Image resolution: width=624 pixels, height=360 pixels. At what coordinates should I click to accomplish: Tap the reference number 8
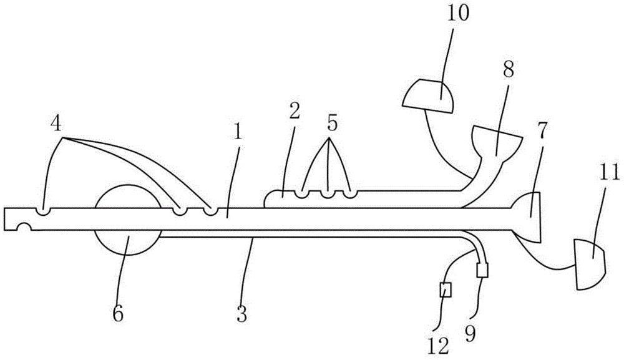(x=508, y=70)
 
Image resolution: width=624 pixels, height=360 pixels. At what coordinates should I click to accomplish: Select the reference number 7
(x=544, y=129)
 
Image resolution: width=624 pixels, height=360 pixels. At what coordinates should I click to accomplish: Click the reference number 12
(x=439, y=345)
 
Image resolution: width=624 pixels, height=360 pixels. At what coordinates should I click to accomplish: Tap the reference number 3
(x=242, y=313)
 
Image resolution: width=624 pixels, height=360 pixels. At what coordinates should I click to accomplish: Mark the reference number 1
(x=238, y=132)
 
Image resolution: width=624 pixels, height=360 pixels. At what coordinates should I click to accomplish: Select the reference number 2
(x=295, y=112)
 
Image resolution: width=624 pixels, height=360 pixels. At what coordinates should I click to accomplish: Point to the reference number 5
(x=333, y=124)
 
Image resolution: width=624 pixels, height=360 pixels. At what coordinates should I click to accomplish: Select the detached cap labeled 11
(x=590, y=264)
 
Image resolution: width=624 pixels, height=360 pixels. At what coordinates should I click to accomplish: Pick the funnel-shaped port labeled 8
(x=496, y=142)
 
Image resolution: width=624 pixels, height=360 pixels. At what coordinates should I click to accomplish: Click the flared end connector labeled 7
(x=529, y=217)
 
